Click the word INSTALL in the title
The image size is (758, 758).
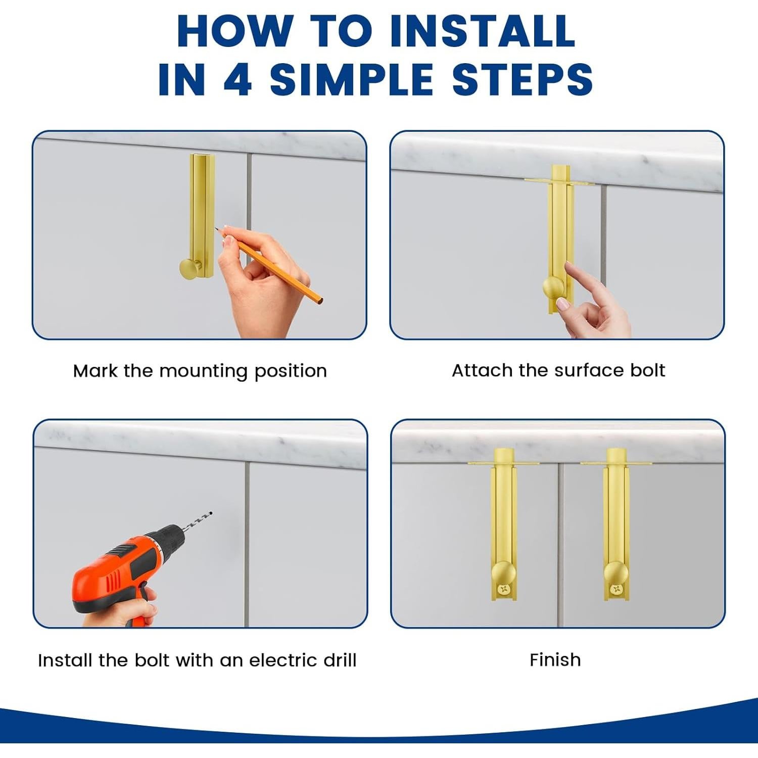tap(483, 31)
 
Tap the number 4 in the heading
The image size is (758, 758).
tap(238, 79)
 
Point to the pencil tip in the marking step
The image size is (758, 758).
tap(216, 228)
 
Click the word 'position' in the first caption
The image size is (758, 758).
tap(291, 372)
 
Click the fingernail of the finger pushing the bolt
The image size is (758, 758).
tap(562, 304)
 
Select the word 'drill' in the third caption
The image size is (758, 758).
tap(340, 660)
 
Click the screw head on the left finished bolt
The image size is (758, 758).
tap(503, 589)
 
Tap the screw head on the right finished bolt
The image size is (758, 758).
tap(616, 589)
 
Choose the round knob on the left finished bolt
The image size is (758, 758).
tap(503, 573)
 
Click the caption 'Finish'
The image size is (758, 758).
tap(555, 660)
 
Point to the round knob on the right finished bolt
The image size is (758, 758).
tap(616, 573)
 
